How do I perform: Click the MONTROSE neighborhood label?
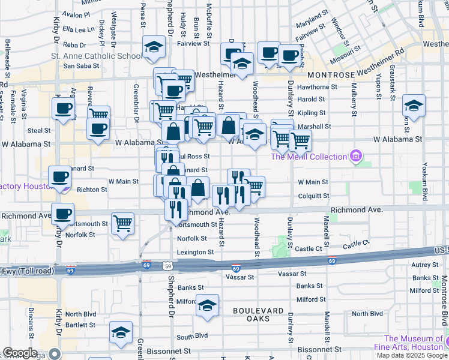331,76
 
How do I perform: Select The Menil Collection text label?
309,157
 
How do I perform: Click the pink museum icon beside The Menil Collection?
357,157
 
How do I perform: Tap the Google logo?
20,353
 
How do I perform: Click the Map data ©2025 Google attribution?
411,355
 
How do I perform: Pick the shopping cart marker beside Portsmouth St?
122,223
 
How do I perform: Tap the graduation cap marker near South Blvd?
121,332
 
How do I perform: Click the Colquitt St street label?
313,196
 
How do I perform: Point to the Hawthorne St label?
317,87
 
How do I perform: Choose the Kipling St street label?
311,113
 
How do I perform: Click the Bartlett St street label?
80,325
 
